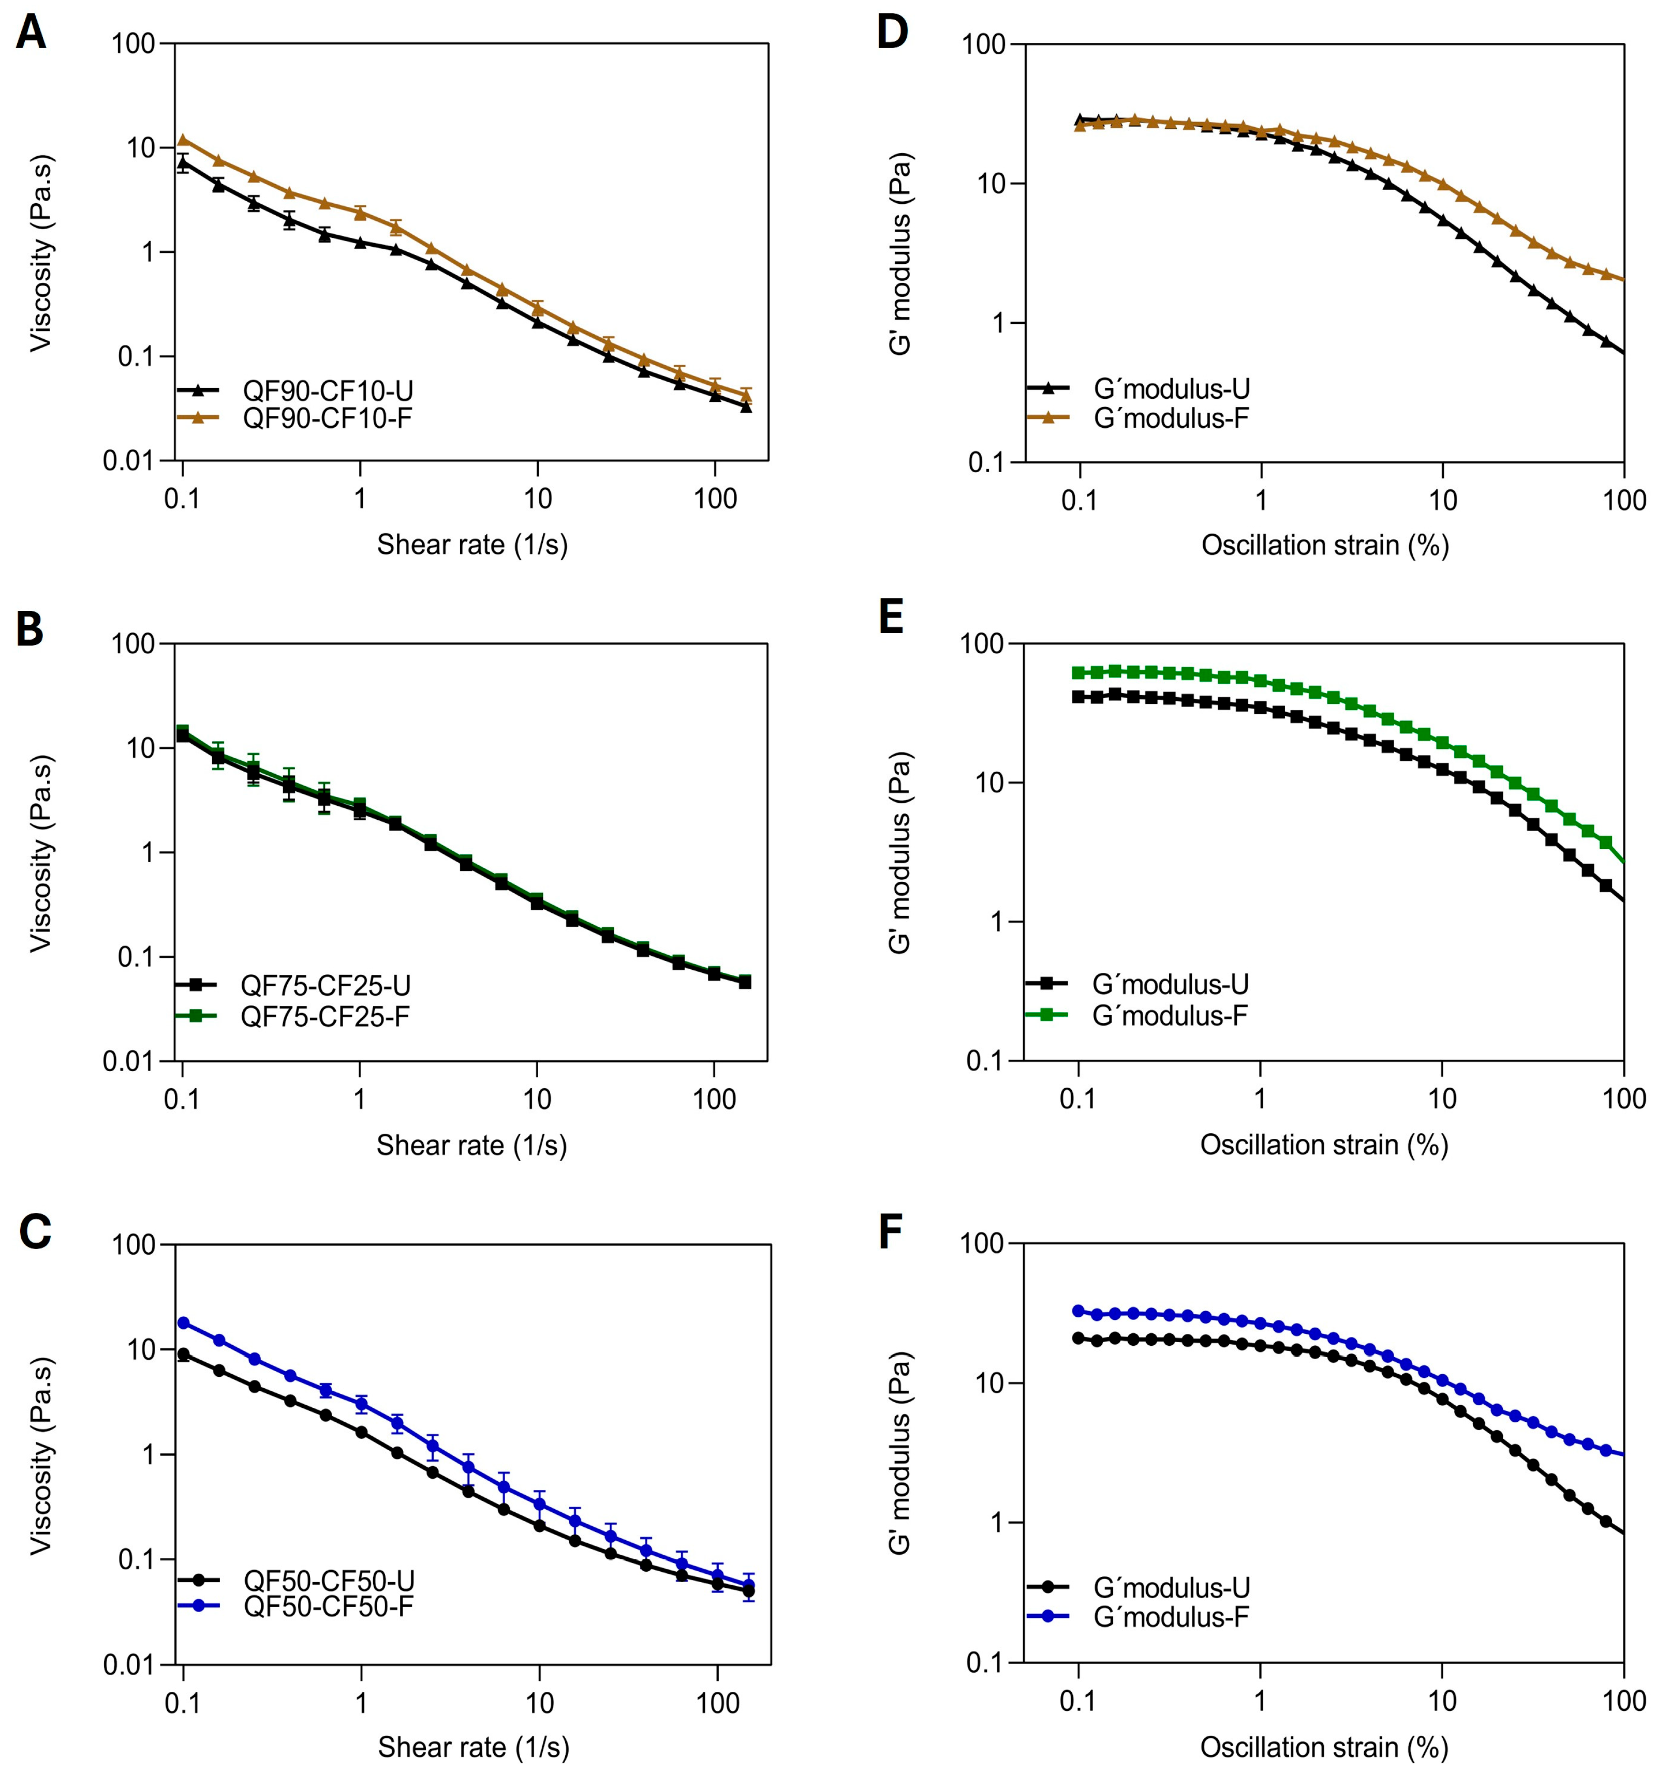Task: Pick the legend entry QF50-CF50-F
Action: click(x=328, y=1606)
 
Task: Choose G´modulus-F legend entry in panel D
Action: click(x=1171, y=417)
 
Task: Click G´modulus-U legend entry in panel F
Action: click(x=1171, y=1587)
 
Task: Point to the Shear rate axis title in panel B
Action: click(x=471, y=1145)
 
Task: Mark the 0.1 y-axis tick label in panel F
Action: click(x=989, y=1662)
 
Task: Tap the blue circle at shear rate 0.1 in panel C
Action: click(x=184, y=1322)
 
